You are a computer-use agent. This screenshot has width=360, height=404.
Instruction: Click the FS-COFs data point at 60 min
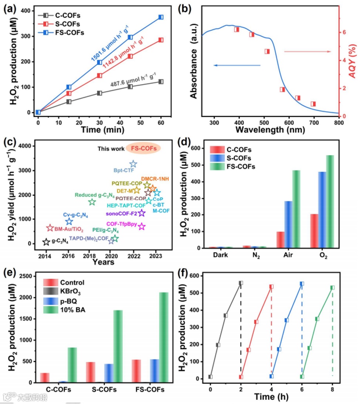(x=161, y=17)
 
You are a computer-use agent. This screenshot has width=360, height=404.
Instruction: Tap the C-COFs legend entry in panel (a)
(x=60, y=15)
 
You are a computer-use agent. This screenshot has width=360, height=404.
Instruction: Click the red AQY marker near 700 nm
(x=313, y=104)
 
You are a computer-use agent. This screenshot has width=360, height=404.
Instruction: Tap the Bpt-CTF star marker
(x=133, y=164)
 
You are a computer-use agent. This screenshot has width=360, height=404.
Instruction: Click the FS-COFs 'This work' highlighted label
(x=143, y=148)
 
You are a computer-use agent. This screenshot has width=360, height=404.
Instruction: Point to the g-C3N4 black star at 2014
(x=46, y=242)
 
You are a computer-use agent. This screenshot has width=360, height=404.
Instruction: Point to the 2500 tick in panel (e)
(x=30, y=277)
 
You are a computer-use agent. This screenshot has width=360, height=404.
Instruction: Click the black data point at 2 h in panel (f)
(x=241, y=283)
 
